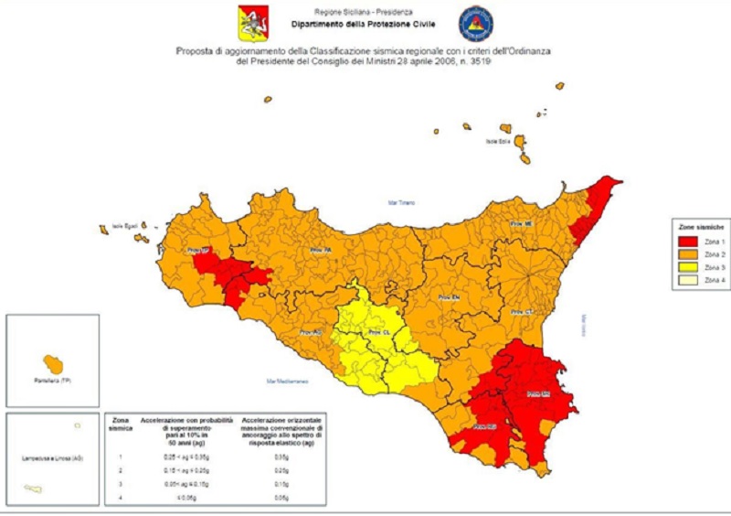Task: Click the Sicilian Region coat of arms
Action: point(249,20)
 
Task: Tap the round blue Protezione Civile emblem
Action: point(476,23)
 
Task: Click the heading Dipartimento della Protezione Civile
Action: point(363,25)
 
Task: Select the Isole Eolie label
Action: point(496,142)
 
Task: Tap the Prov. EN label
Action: point(446,298)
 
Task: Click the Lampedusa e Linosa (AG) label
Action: point(51,457)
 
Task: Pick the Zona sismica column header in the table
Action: point(121,423)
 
